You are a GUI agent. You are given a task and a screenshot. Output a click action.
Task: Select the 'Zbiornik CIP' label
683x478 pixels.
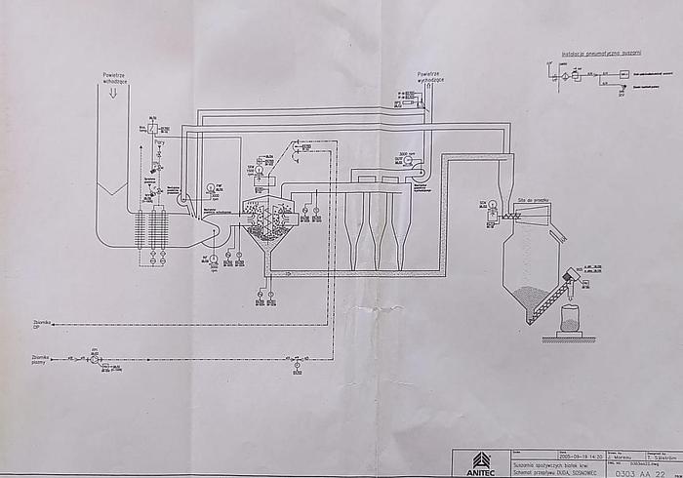coord(40,324)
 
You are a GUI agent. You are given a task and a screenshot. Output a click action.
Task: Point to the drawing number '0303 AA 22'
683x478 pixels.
coord(640,472)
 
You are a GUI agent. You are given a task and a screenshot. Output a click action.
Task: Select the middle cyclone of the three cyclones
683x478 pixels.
coord(377,234)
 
